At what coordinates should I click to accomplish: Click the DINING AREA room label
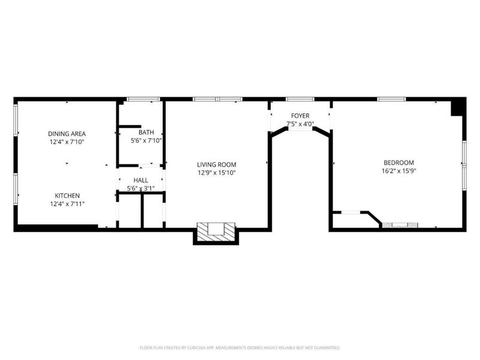coord(67,133)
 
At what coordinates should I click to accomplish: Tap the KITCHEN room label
coord(67,196)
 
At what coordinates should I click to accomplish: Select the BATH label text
coord(146,133)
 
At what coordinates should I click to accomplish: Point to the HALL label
coord(140,180)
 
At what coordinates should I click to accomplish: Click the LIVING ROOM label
coord(217,164)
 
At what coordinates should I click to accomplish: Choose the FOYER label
coord(300,115)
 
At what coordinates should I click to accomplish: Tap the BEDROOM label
coord(399,162)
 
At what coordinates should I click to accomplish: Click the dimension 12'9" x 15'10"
coord(217,173)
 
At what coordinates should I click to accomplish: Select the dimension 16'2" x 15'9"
coord(399,170)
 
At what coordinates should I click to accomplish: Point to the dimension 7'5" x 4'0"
coord(300,124)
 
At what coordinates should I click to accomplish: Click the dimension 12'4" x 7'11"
coord(67,204)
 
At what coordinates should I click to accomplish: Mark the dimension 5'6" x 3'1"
coord(140,188)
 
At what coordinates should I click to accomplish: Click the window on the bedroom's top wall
coord(392,99)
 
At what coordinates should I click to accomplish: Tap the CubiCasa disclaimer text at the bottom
coord(240,347)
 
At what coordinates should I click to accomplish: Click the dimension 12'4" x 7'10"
coord(67,142)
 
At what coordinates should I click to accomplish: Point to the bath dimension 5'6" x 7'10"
coord(146,141)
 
